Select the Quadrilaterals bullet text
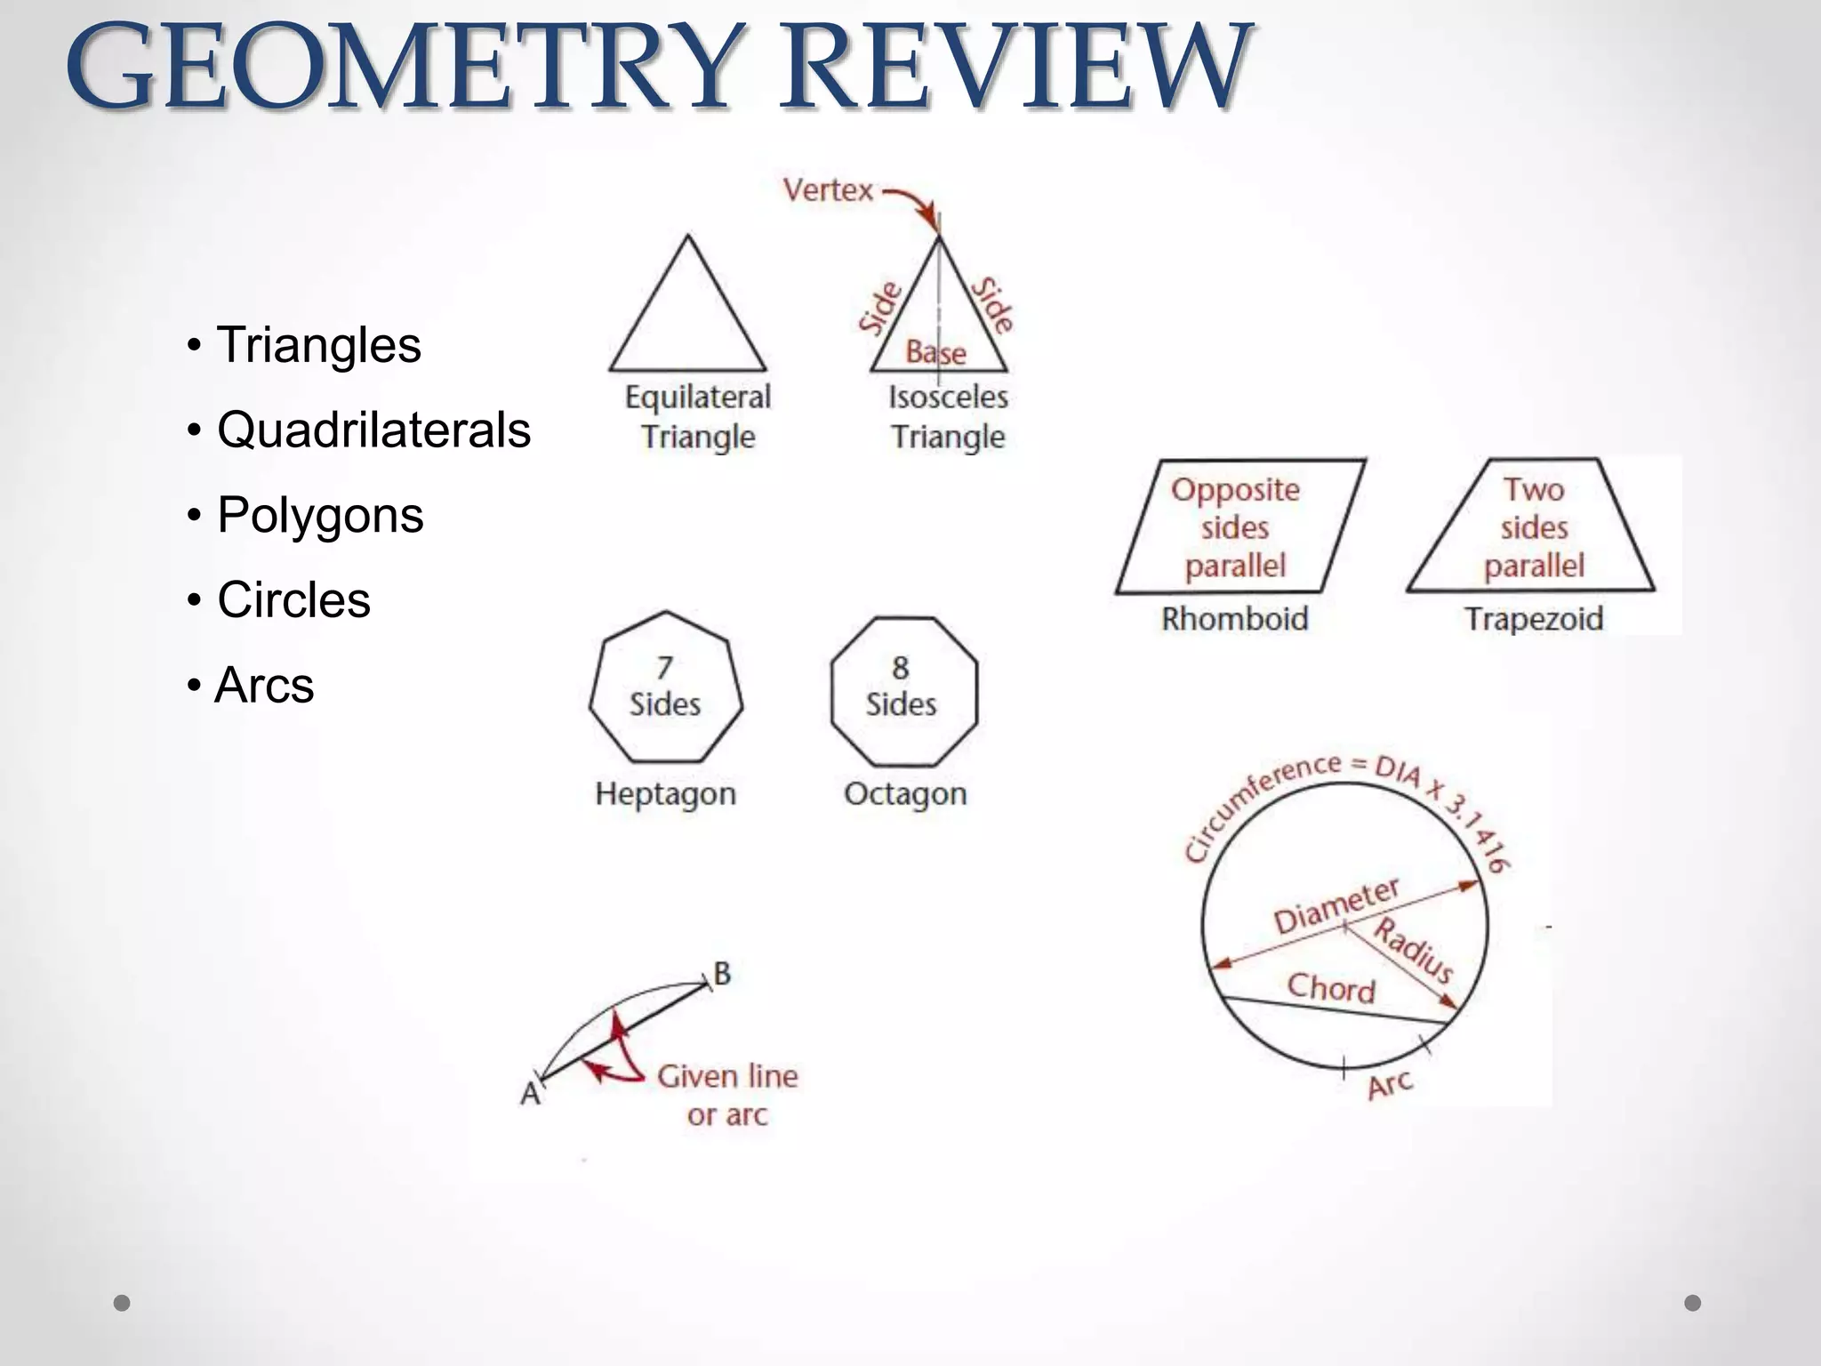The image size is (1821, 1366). tap(373, 430)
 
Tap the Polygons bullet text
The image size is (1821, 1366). tap(320, 516)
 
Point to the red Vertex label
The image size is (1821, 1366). tap(828, 189)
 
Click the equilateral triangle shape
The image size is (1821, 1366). tap(687, 320)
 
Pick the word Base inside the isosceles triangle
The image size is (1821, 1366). tap(935, 353)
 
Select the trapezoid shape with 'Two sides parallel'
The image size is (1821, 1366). tap(1532, 526)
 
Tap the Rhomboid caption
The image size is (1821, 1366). tap(1235, 619)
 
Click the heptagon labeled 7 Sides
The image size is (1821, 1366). tap(665, 687)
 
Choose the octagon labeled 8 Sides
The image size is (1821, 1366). tap(903, 690)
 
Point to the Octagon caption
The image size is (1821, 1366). tap(905, 793)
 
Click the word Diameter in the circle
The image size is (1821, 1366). tap(1336, 906)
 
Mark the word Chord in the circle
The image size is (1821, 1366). tap(1331, 987)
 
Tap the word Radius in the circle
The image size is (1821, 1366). tap(1414, 951)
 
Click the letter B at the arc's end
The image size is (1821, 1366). tap(722, 974)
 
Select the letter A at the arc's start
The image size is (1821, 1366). tap(530, 1093)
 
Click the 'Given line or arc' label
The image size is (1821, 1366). tap(727, 1095)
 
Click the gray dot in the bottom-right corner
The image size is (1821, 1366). tap(1693, 1303)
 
